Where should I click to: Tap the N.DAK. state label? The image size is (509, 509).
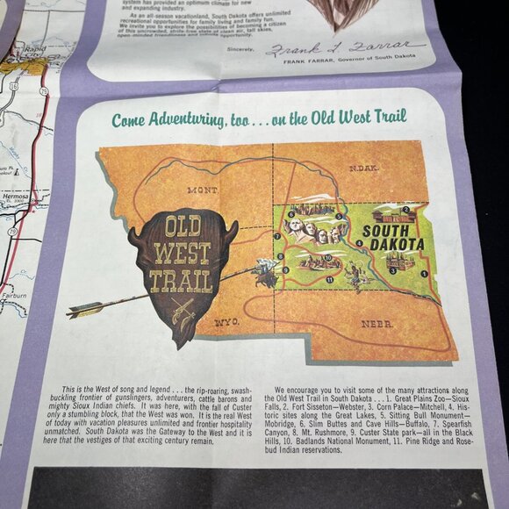pos(363,168)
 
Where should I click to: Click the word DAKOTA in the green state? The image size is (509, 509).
pos(394,244)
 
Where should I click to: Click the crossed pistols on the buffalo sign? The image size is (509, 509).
pos(183,310)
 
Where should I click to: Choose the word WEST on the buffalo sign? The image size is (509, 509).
pos(182,254)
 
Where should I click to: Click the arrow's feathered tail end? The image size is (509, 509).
pos(84,310)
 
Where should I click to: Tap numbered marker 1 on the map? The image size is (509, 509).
pos(423,273)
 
